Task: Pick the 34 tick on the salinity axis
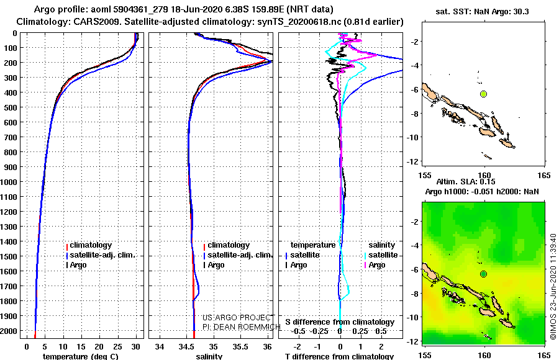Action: coord(160,346)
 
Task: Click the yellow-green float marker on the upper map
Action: coord(484,94)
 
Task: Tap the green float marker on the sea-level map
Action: coord(484,274)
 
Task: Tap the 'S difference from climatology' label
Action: coord(340,322)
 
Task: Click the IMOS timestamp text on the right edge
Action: coord(553,286)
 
